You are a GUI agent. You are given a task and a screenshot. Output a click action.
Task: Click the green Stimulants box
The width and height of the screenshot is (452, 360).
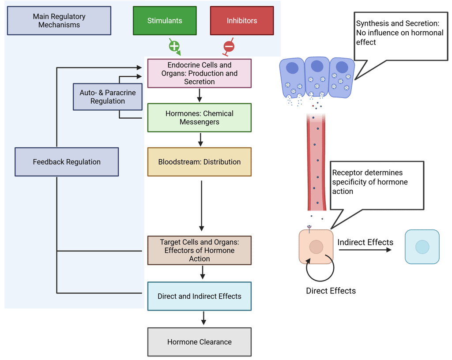pyautogui.click(x=165, y=21)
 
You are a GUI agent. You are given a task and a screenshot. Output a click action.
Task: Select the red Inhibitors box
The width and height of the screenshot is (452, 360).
pyautogui.click(x=241, y=21)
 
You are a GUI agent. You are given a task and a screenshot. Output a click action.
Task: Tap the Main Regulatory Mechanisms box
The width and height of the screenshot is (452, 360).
pyautogui.click(x=59, y=21)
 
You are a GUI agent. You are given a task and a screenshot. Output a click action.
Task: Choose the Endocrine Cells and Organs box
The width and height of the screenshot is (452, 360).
pyautogui.click(x=200, y=73)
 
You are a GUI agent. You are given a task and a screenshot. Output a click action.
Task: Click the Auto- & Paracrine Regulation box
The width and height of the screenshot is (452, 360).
pyautogui.click(x=108, y=97)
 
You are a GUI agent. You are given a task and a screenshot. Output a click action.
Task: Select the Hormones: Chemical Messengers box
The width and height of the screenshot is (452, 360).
pyautogui.click(x=200, y=118)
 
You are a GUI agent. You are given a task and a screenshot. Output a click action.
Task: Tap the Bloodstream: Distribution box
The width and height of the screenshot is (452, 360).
pyautogui.click(x=200, y=162)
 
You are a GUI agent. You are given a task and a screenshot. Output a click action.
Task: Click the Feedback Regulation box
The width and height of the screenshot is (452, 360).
pyautogui.click(x=67, y=162)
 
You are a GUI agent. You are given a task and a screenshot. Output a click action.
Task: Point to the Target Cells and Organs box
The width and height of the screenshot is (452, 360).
pyautogui.click(x=200, y=250)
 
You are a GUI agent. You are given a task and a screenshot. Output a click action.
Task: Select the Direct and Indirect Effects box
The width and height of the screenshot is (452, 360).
pyautogui.click(x=200, y=296)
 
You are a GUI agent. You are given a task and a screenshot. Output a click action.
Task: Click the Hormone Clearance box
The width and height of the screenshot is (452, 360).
pyautogui.click(x=200, y=342)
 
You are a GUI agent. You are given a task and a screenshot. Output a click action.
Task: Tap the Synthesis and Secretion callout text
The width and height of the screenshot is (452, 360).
pyautogui.click(x=399, y=32)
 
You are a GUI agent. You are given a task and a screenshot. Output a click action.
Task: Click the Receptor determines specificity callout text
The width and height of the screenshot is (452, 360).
pyautogui.click(x=370, y=182)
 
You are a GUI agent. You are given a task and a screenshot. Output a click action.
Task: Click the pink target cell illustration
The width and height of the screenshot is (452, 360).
pyautogui.click(x=316, y=247)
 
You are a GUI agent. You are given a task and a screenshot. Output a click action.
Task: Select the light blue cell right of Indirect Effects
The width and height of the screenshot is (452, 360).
pyautogui.click(x=422, y=247)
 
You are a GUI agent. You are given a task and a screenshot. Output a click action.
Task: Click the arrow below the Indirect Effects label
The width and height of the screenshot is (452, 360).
pyautogui.click(x=365, y=250)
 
